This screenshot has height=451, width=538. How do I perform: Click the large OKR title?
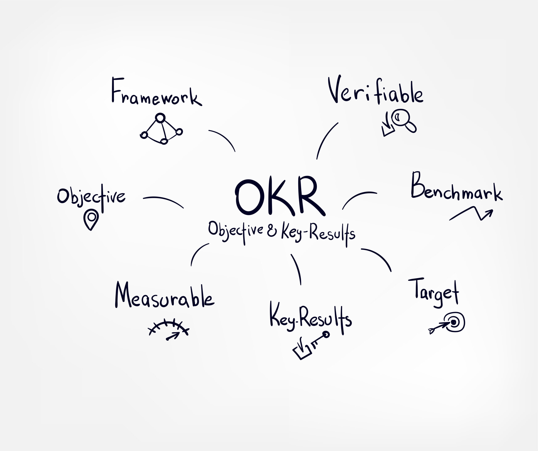(280, 196)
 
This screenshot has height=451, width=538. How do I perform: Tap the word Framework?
(157, 92)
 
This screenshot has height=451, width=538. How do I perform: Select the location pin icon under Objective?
(91, 219)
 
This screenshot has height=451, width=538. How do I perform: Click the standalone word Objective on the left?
(91, 198)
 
